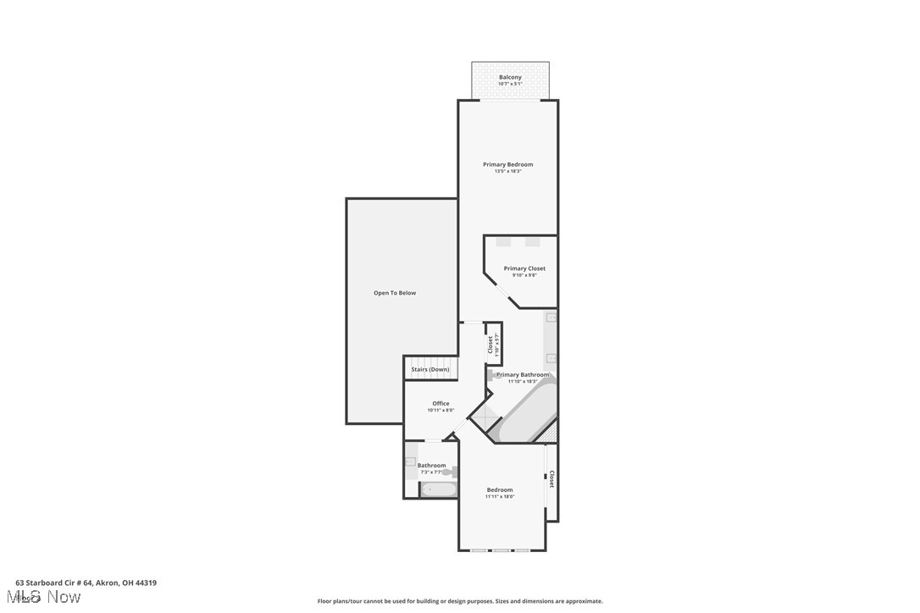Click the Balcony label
[510, 77]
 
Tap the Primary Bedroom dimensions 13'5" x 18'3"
[508, 171]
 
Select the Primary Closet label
[524, 268]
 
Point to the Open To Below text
[395, 293]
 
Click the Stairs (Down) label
[430, 369]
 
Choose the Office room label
[441, 403]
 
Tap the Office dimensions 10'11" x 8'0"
[441, 411]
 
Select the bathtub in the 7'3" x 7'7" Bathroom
[439, 489]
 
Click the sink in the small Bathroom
[411, 462]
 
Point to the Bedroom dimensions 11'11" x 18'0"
[500, 497]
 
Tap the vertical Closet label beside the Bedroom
[551, 479]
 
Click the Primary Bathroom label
[523, 374]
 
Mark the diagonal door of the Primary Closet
[502, 292]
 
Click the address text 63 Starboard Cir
[86, 583]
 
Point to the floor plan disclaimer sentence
[460, 601]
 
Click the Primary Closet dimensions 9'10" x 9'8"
[524, 275]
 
